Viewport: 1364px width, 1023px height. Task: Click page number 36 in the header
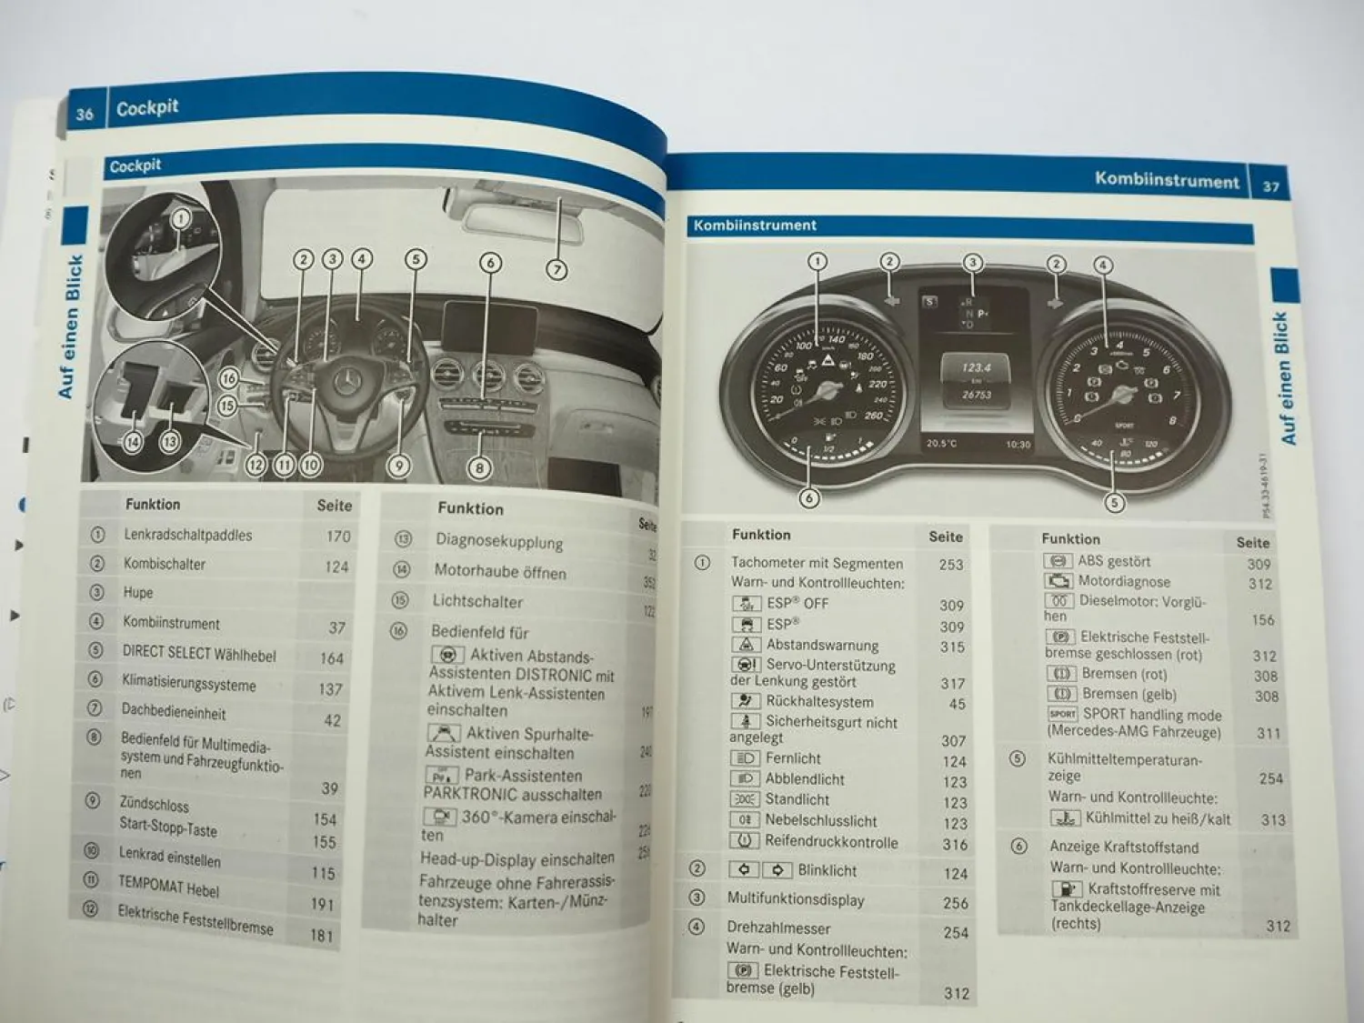tap(85, 114)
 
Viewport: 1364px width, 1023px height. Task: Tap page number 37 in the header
tap(1271, 186)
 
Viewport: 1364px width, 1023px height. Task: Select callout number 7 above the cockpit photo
tap(557, 269)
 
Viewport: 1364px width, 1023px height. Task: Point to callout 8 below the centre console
tap(479, 468)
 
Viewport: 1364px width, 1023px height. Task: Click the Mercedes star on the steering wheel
tap(346, 382)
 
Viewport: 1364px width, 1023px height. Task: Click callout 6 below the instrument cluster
tap(808, 497)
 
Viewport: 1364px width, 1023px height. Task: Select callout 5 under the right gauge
tap(1114, 502)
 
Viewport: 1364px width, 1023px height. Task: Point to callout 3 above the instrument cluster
tap(973, 263)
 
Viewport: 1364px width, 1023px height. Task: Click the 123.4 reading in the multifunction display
tap(976, 367)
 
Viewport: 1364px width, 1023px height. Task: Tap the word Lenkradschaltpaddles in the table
tap(188, 535)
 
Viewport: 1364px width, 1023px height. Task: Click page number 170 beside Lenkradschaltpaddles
tap(338, 537)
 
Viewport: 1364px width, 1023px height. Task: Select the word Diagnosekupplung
tap(499, 541)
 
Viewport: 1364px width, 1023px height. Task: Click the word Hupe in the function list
tap(138, 592)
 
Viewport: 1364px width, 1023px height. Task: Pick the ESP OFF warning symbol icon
tap(747, 603)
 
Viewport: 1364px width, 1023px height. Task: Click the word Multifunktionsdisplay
tap(796, 899)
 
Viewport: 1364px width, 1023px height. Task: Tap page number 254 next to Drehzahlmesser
tap(956, 932)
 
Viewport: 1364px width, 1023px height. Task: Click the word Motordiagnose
tap(1124, 581)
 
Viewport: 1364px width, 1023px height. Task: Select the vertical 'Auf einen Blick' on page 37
tap(1285, 377)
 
